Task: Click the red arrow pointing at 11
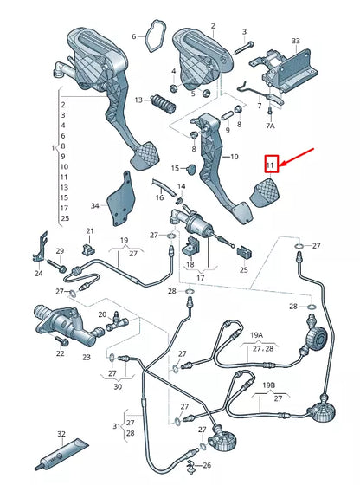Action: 297,158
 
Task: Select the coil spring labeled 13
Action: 163,104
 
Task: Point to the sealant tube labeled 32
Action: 61,454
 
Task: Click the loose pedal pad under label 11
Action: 266,191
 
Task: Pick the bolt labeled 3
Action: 244,48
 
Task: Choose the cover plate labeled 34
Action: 121,199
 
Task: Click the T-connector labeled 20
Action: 117,323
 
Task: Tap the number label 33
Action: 296,41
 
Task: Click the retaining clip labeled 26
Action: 191,466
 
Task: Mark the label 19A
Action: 257,335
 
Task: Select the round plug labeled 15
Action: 192,169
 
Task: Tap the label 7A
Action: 270,126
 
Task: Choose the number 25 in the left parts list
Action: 65,218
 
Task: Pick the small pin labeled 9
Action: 227,117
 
